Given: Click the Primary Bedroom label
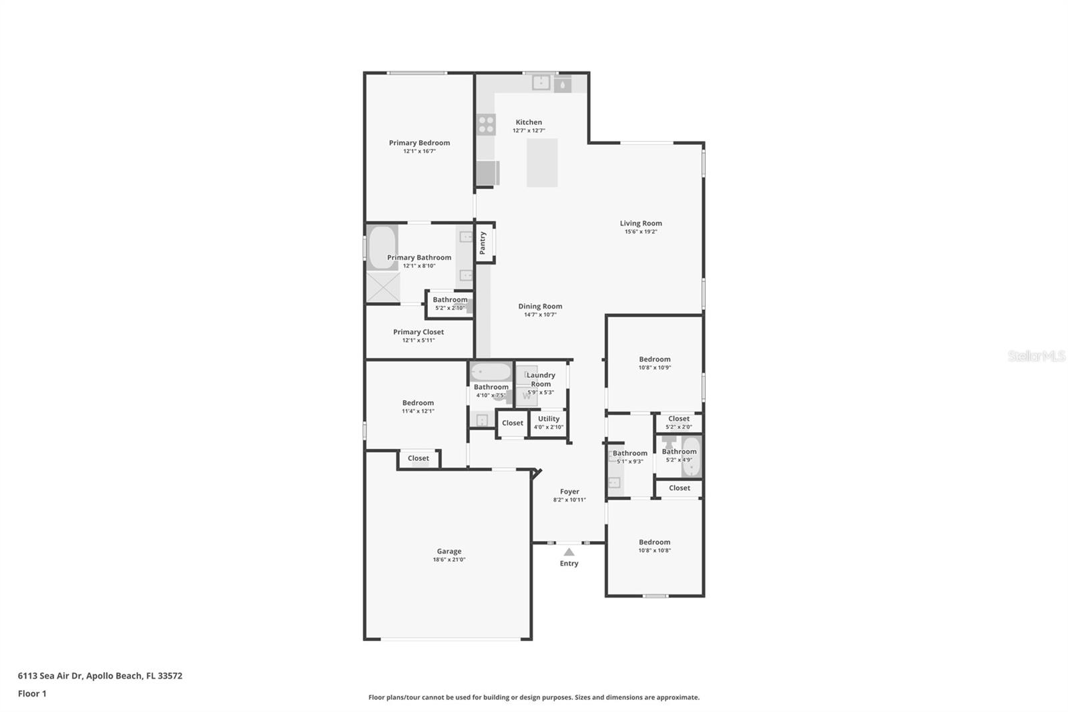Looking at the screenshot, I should [419, 142].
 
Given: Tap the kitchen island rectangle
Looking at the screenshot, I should [542, 162].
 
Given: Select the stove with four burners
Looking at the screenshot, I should [486, 124].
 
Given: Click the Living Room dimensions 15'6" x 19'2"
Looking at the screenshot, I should [641, 232].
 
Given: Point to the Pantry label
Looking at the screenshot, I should [483, 242].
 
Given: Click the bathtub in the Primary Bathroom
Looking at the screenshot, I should [382, 247].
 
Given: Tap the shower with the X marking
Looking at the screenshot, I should [383, 287].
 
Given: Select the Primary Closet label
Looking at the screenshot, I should [419, 332].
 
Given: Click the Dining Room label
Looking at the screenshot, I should [540, 307].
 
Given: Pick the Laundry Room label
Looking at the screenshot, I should [541, 379].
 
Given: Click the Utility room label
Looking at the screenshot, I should [549, 419].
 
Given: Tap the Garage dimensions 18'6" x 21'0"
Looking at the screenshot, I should [449, 560].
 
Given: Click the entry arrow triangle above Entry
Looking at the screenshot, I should [569, 552].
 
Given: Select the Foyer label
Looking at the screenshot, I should [569, 492].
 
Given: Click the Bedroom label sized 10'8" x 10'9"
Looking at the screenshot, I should [654, 359].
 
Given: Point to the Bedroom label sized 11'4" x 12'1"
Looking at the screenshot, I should [418, 403].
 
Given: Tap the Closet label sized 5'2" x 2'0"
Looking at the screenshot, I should [679, 419].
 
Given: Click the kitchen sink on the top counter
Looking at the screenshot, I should [541, 83].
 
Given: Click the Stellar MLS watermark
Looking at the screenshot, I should [1036, 356].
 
